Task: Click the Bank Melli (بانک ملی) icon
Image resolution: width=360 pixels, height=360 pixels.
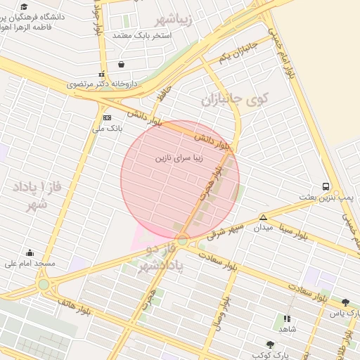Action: tap(107, 117)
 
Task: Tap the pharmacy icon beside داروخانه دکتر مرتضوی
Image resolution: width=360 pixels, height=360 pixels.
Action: tap(102, 74)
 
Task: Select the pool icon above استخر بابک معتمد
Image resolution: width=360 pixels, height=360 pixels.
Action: tap(122, 65)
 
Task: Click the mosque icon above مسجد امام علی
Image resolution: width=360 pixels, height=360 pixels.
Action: tap(30, 252)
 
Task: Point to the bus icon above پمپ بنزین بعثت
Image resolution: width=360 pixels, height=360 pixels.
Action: tap(326, 186)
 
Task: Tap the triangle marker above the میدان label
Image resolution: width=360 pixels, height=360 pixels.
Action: tap(263, 217)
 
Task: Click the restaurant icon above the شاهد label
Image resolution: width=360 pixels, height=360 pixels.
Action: tap(287, 319)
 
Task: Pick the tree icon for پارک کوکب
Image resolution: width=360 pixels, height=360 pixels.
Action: tap(270, 345)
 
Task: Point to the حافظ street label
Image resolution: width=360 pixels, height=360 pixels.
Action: tap(164, 92)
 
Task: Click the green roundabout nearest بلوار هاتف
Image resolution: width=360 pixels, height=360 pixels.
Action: tap(44, 285)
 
